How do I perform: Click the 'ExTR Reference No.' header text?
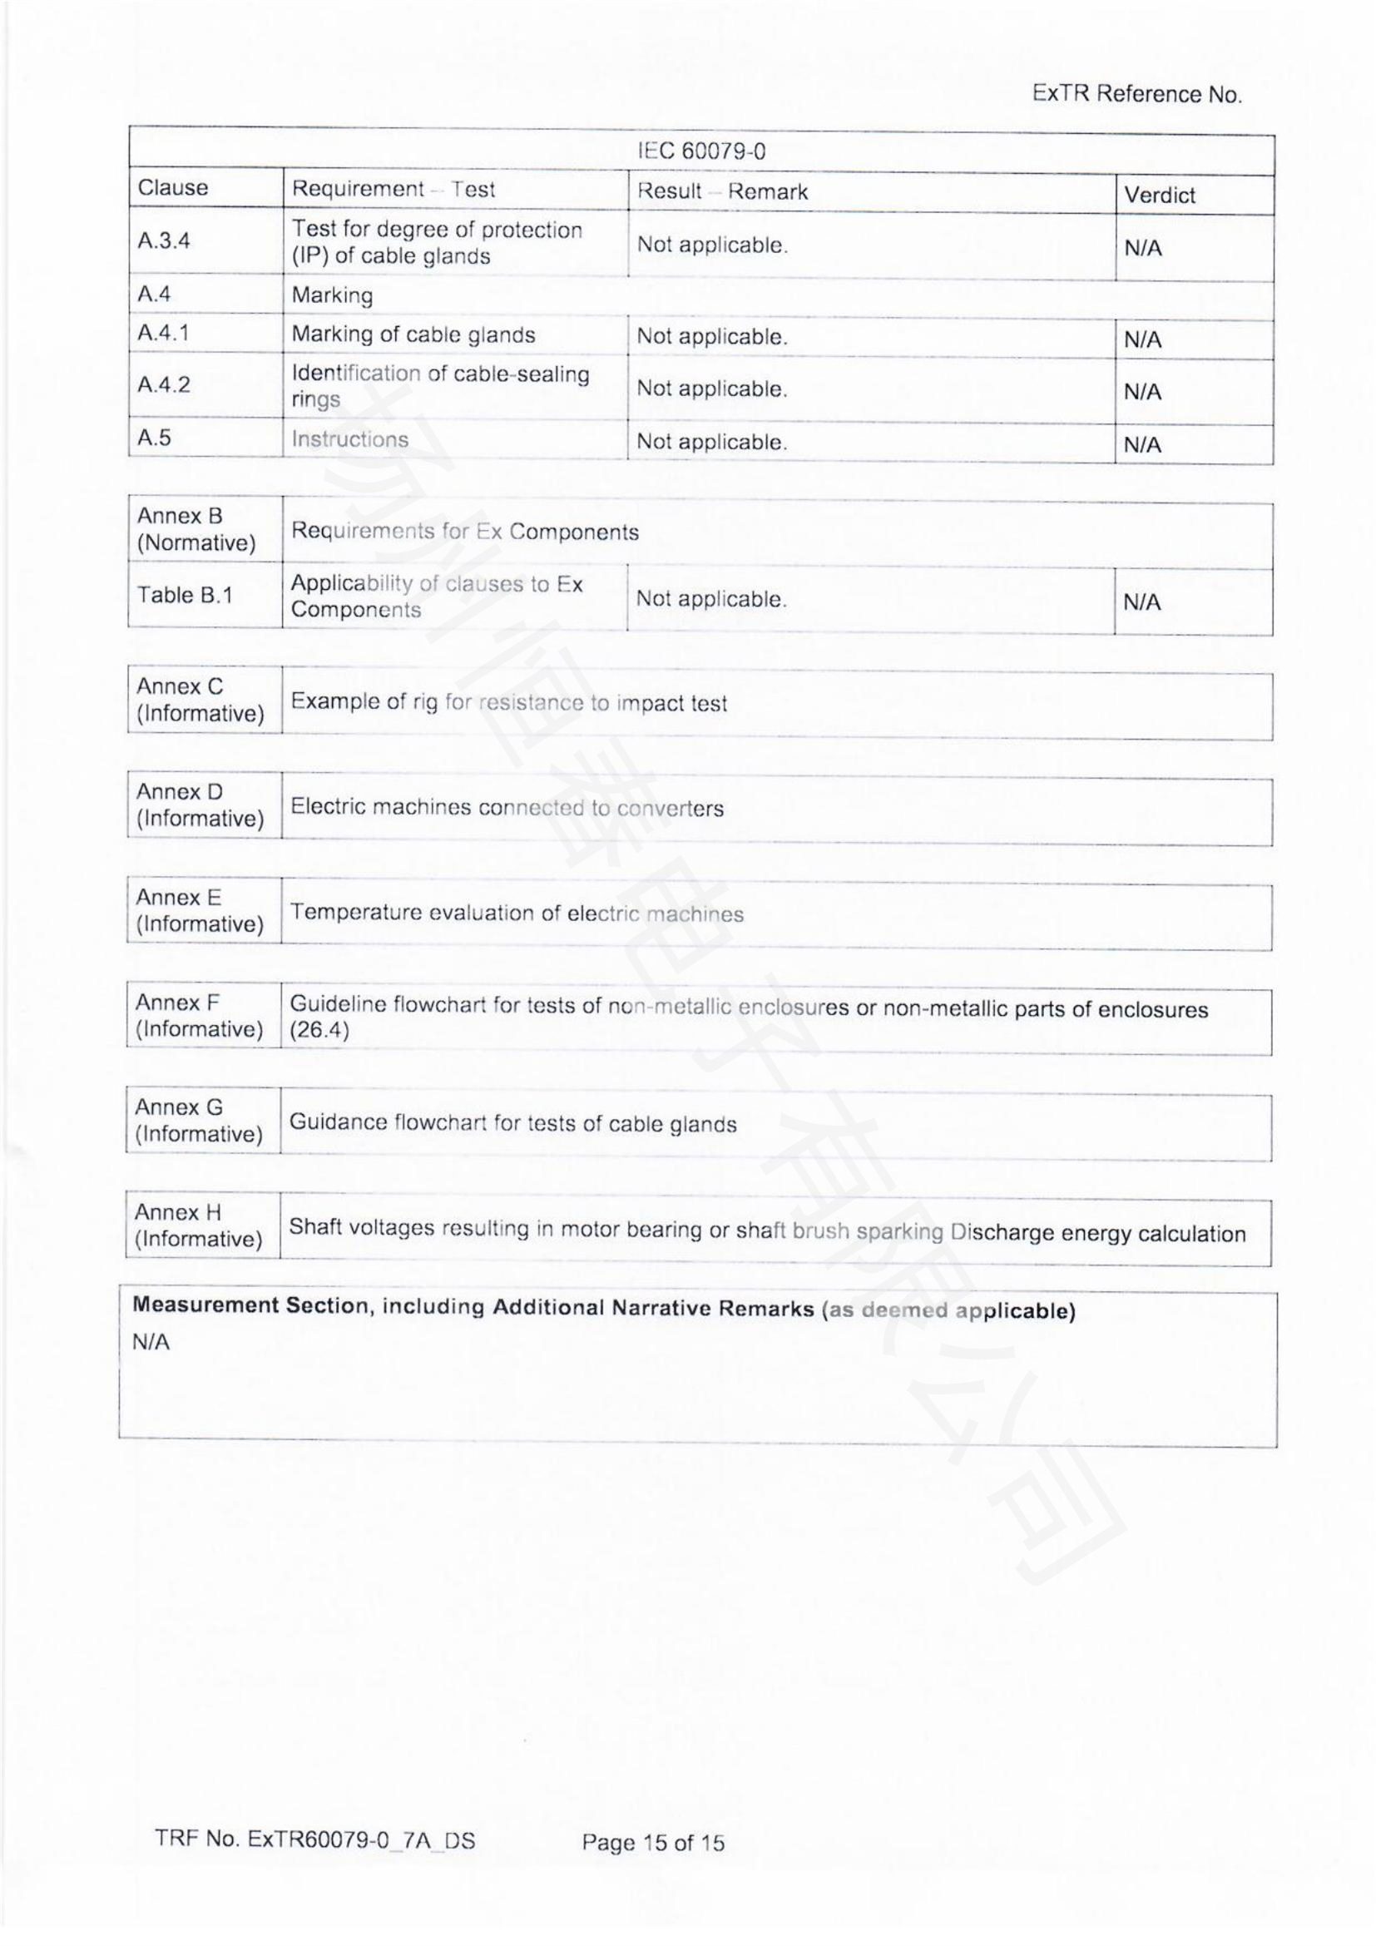pyautogui.click(x=1136, y=94)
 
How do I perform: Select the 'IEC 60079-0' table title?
pyautogui.click(x=701, y=151)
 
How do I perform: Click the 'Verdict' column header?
pyautogui.click(x=1159, y=196)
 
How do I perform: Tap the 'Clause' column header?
pyautogui.click(x=173, y=188)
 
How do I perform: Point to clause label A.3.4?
pyautogui.click(x=164, y=240)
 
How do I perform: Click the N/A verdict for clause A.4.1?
pyautogui.click(x=1142, y=341)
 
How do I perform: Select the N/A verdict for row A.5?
pyautogui.click(x=1142, y=445)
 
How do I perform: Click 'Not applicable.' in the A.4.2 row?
pyautogui.click(x=712, y=389)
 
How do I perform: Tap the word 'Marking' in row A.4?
pyautogui.click(x=332, y=296)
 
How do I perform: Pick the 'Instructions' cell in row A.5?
pyautogui.click(x=350, y=439)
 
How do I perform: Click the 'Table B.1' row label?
pyautogui.click(x=185, y=596)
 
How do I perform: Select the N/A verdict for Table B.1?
pyautogui.click(x=1141, y=602)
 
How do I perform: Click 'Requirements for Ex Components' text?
pyautogui.click(x=464, y=532)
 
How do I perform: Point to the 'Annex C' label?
pyautogui.click(x=180, y=686)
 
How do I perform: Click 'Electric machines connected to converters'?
pyautogui.click(x=507, y=808)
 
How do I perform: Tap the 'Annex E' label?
pyautogui.click(x=178, y=898)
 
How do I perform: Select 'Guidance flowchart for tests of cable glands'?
pyautogui.click(x=512, y=1124)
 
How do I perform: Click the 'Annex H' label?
pyautogui.click(x=177, y=1213)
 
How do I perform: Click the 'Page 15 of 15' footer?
pyautogui.click(x=652, y=1842)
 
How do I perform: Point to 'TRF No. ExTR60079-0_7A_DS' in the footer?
pyautogui.click(x=315, y=1840)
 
